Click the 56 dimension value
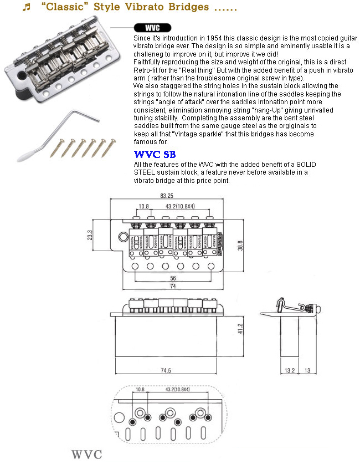coord(173,278)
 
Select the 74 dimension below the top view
coord(173,286)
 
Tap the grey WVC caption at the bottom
coord(86,455)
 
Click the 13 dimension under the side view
coord(307,370)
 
